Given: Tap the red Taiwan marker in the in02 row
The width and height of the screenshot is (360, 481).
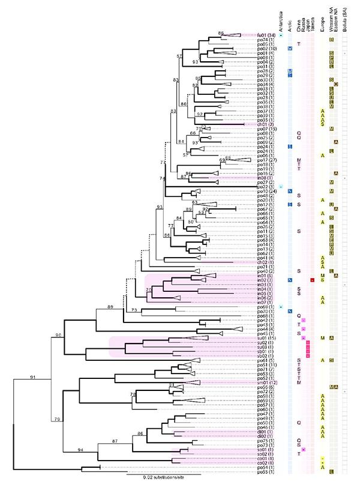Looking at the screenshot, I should tap(313, 280).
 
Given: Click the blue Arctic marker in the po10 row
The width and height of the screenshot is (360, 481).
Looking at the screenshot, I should tap(290, 191).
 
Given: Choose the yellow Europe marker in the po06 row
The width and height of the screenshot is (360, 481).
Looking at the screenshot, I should tap(323, 155).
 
